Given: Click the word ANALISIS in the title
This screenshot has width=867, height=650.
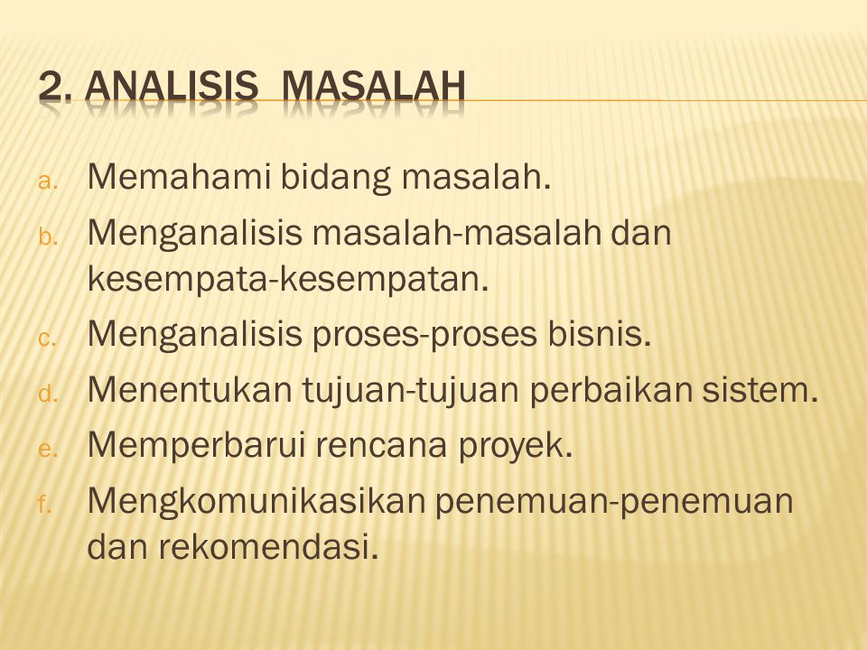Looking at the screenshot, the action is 171,87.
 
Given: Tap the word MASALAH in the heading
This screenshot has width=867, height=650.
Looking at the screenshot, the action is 374,87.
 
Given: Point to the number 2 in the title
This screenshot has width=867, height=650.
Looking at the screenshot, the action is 50,87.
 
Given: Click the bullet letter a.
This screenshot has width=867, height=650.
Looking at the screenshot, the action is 47,181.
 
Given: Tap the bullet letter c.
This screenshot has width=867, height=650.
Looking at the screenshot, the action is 47,339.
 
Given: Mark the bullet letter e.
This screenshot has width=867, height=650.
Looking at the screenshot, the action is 47,450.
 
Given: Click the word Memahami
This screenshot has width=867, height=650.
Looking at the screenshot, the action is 179,177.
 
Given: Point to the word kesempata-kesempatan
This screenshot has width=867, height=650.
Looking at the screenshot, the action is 288,279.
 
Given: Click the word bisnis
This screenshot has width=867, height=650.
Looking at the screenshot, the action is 600,334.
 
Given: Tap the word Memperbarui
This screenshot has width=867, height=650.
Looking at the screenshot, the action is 196,445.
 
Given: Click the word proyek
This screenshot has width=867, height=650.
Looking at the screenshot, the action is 515,447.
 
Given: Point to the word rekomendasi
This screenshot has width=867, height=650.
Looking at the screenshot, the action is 269,546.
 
